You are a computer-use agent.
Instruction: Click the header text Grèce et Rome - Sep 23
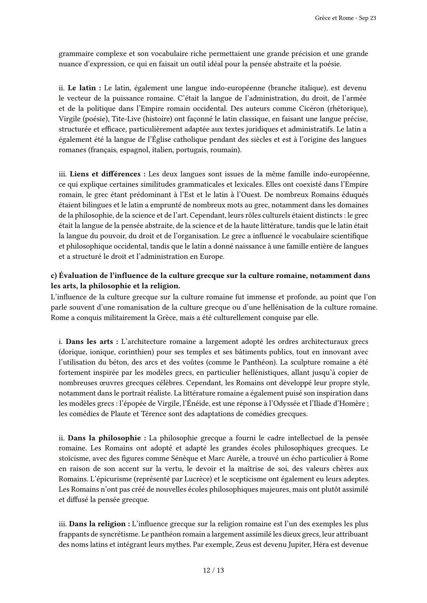(346, 18)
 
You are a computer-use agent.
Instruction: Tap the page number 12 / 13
(213, 570)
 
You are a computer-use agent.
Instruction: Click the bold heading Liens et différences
(105, 174)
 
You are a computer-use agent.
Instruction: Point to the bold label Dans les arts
(89, 342)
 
